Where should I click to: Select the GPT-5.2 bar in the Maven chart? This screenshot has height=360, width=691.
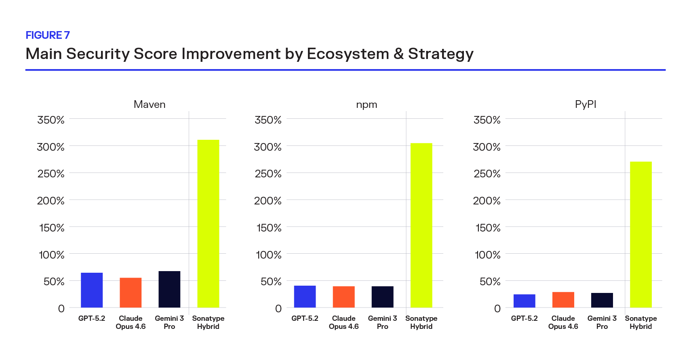click(92, 290)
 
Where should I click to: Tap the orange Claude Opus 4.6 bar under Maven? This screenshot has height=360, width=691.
click(131, 293)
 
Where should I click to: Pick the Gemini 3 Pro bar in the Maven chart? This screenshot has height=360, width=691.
click(169, 289)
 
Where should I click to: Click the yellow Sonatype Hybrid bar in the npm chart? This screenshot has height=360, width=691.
click(421, 225)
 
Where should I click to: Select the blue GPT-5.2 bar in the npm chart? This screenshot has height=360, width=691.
click(305, 297)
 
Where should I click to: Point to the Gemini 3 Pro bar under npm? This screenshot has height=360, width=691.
click(382, 297)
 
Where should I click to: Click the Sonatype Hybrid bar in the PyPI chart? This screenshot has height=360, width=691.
click(640, 234)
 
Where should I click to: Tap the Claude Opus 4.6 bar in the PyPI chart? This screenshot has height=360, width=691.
click(563, 300)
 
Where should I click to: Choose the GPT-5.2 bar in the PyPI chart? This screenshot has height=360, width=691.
click(524, 301)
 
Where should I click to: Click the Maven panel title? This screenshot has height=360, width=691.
click(150, 105)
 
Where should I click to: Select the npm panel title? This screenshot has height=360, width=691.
click(367, 105)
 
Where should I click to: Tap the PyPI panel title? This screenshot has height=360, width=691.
click(586, 105)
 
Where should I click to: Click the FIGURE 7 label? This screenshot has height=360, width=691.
click(48, 35)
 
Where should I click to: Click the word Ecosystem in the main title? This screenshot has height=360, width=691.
click(348, 54)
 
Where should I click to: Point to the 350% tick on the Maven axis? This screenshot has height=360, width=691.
click(51, 120)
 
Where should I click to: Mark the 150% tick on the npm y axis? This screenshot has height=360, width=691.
click(269, 228)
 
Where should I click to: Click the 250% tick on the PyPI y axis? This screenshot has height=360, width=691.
click(487, 174)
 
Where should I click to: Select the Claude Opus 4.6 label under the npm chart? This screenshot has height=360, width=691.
click(343, 322)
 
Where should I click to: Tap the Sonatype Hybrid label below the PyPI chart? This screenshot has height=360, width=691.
click(640, 322)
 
